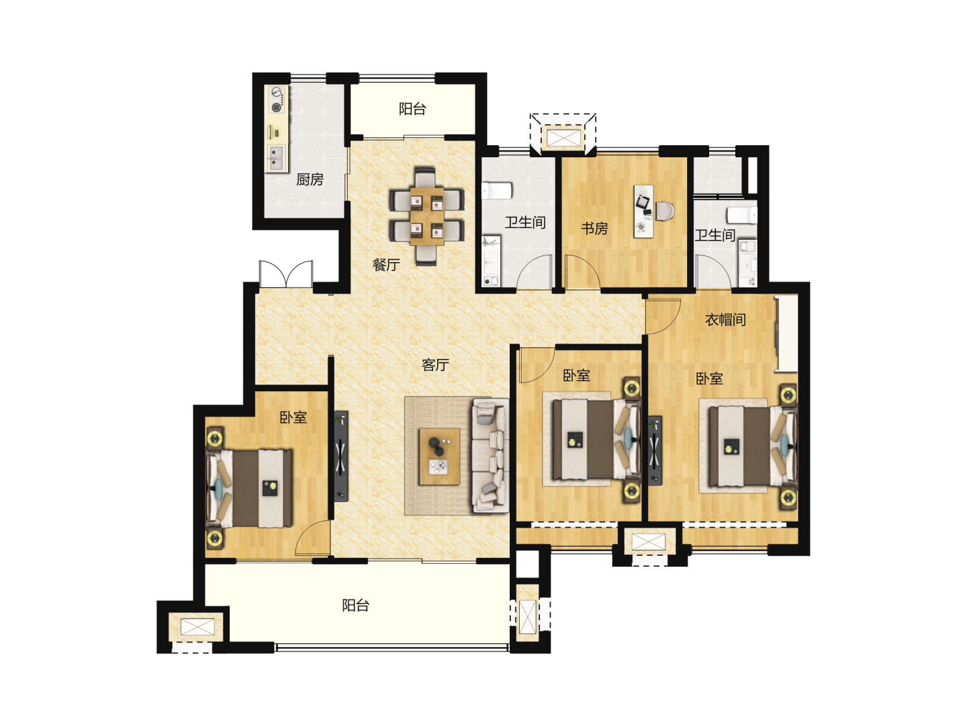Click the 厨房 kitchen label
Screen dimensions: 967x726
click(310, 179)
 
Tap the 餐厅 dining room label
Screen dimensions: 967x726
click(386, 264)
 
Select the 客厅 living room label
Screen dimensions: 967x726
click(435, 364)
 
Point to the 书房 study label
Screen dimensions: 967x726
click(594, 229)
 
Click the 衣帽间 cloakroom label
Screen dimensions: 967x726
click(725, 319)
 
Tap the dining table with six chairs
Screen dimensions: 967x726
click(426, 216)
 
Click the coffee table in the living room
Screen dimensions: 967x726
click(439, 456)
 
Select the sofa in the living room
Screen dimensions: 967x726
click(490, 456)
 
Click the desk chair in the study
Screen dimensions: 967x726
click(665, 210)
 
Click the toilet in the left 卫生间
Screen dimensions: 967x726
click(496, 190)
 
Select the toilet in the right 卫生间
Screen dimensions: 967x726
click(742, 215)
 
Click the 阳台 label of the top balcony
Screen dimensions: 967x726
click(412, 109)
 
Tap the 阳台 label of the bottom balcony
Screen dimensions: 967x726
click(355, 605)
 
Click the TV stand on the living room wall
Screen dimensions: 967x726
click(341, 456)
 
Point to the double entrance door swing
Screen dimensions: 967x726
click(286, 274)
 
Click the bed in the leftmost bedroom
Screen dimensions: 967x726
click(250, 489)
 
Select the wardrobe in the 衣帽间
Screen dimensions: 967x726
click(787, 333)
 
